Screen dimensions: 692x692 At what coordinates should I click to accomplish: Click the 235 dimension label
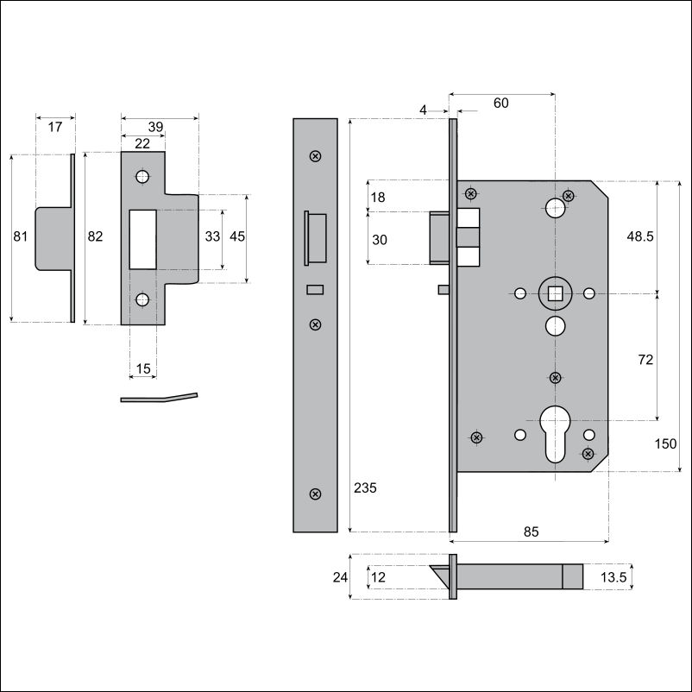365,488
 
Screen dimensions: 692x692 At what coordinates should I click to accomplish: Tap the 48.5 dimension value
640,236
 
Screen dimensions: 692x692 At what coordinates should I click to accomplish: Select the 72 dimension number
645,360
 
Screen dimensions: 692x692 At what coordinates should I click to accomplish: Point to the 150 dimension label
665,444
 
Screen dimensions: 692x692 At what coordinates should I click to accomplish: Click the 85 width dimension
531,532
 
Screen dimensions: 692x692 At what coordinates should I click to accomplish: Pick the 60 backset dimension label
501,103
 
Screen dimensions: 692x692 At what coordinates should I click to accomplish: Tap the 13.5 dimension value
613,577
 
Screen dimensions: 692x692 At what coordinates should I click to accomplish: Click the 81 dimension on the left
21,236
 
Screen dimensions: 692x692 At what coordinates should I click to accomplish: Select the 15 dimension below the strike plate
143,368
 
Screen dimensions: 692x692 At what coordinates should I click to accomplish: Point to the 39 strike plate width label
155,127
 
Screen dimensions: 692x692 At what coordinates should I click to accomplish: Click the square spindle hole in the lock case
555,293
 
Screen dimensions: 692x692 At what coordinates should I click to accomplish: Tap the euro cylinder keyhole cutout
555,434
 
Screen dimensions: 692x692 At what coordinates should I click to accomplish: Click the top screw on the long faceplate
315,156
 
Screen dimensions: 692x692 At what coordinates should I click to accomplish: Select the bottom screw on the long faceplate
315,494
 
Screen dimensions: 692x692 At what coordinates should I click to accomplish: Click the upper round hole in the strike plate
142,177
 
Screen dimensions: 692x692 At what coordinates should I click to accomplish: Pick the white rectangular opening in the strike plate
142,240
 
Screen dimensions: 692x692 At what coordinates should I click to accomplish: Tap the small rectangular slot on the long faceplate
315,290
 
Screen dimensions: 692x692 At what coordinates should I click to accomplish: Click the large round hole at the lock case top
555,208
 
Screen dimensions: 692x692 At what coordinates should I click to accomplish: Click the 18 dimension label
378,198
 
